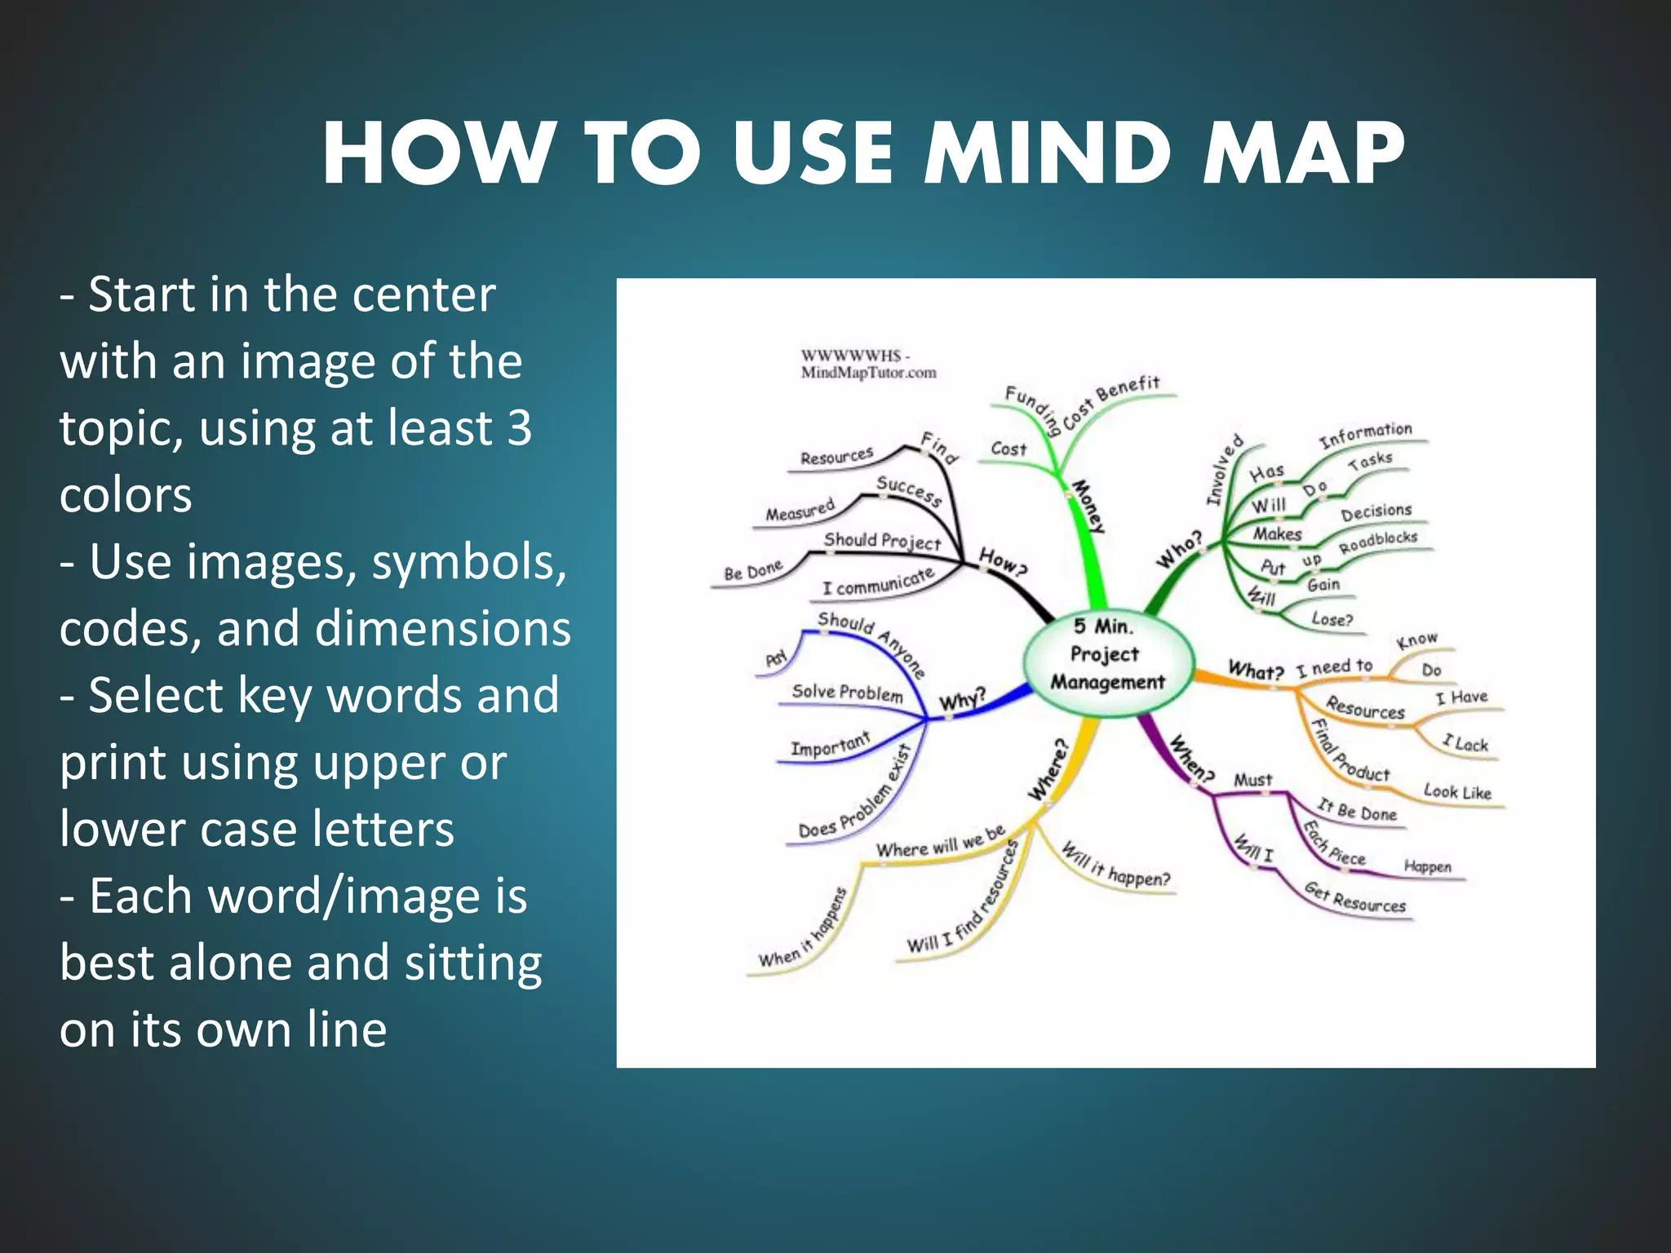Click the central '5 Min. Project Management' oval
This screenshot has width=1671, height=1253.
(1108, 655)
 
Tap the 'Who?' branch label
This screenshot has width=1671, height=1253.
(1180, 549)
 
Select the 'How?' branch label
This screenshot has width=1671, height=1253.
(1002, 562)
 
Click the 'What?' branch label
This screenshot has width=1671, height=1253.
(1256, 671)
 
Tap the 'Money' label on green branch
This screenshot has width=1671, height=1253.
(1088, 507)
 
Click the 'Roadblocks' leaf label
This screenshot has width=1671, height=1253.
(1378, 542)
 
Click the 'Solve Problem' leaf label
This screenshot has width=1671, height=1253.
(847, 693)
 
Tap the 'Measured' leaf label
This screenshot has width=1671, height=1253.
(800, 510)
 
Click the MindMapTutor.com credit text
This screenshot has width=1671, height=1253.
(868, 373)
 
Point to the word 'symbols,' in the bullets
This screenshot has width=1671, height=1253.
(468, 563)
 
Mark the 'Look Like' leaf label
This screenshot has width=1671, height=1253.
(1457, 791)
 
